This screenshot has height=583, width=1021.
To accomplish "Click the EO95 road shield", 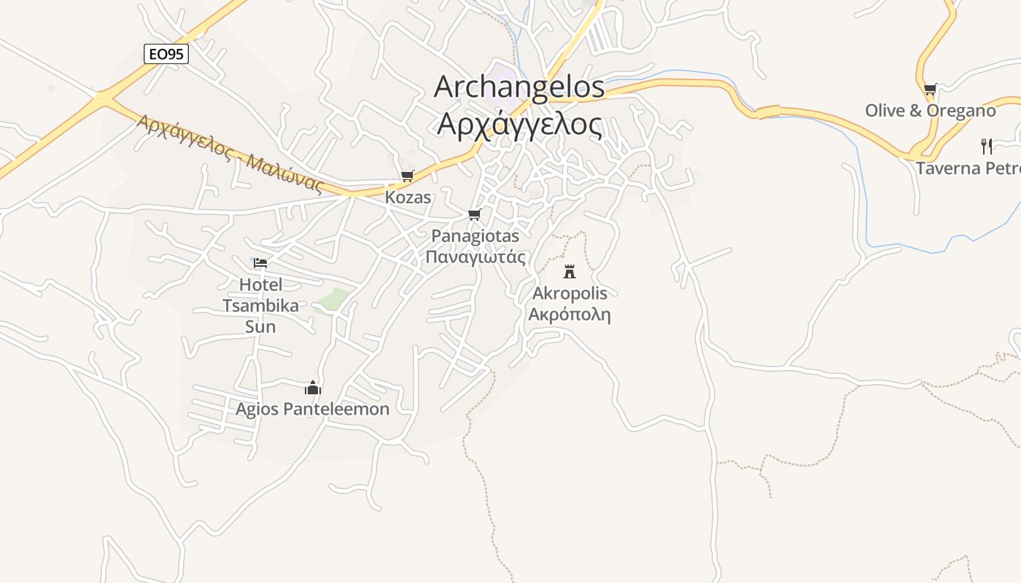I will (166, 53).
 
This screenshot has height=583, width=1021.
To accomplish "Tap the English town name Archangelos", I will (519, 87).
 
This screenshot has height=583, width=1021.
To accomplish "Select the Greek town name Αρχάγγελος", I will (519, 125).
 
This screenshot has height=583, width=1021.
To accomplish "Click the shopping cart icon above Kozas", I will (408, 176).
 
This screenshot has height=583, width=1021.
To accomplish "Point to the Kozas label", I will (408, 197).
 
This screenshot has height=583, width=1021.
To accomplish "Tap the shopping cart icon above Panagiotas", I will (475, 214).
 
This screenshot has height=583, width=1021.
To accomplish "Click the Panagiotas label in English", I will (475, 235).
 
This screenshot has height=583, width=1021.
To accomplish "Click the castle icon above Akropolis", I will (570, 272).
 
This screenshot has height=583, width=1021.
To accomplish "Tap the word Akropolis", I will (570, 293).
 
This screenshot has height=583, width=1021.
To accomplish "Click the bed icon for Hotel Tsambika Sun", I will (260, 263).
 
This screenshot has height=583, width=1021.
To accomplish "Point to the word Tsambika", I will (260, 305).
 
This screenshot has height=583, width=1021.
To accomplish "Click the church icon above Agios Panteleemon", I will (313, 388).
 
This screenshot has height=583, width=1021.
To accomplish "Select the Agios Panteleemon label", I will (312, 409).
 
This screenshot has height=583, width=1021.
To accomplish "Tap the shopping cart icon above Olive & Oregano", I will (930, 90).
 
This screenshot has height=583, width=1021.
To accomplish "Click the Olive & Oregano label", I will (930, 111).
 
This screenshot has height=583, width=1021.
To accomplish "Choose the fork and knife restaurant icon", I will (987, 146).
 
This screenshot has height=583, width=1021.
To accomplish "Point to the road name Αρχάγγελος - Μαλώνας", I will (230, 154).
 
